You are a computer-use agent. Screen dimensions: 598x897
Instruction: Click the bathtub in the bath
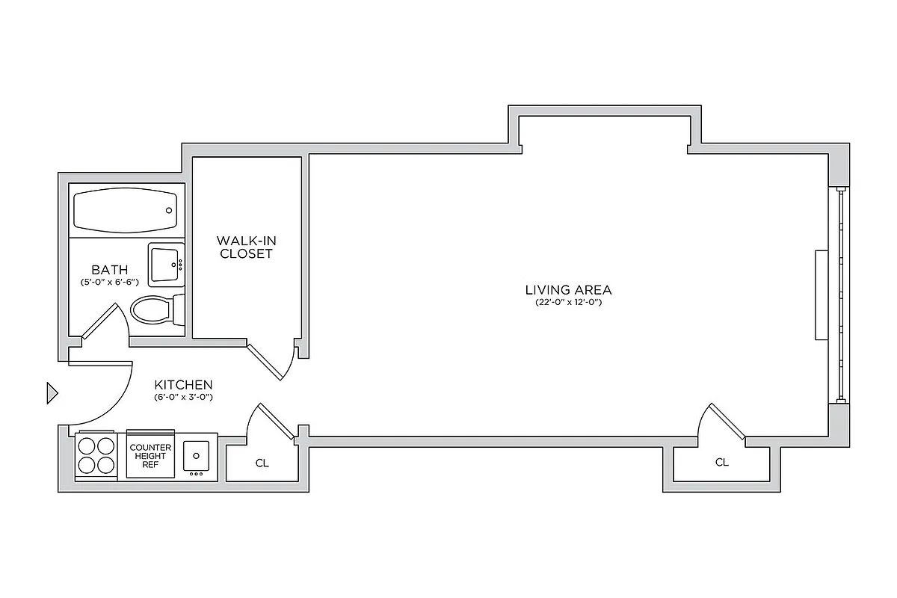tap(126, 211)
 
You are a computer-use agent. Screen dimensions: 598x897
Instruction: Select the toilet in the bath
tap(155, 309)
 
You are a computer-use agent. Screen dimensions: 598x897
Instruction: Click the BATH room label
tap(109, 270)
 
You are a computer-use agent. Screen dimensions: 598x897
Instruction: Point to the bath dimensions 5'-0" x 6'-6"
tap(109, 283)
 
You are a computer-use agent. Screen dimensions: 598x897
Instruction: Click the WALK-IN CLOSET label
tap(244, 247)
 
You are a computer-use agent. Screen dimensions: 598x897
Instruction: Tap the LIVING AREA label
tap(568, 290)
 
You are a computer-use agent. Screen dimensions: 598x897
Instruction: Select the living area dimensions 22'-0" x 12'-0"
tap(568, 303)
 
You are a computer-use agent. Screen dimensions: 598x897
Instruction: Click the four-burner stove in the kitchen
tap(96, 455)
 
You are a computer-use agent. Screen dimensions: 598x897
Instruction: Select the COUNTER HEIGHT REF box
tap(150, 455)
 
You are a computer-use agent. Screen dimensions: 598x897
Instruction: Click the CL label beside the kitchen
tap(262, 463)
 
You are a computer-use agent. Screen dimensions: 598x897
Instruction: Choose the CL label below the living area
tap(721, 463)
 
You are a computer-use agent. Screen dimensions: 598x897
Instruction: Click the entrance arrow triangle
tap(52, 392)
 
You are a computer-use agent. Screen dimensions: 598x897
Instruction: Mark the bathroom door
tap(99, 323)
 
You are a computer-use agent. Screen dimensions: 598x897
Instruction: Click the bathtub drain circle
tap(169, 211)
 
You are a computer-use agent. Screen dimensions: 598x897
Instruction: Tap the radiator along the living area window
tap(822, 295)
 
